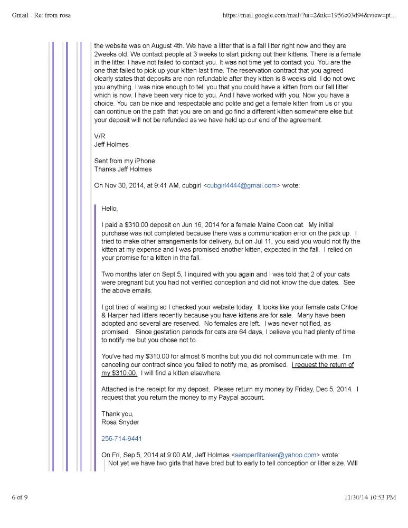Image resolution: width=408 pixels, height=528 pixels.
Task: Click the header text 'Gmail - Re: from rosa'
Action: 41,15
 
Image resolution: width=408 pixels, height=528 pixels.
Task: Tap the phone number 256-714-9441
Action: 121,439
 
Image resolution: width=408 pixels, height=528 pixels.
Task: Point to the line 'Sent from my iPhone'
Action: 125,161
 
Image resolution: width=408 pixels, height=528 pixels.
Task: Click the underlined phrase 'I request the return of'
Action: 323,365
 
